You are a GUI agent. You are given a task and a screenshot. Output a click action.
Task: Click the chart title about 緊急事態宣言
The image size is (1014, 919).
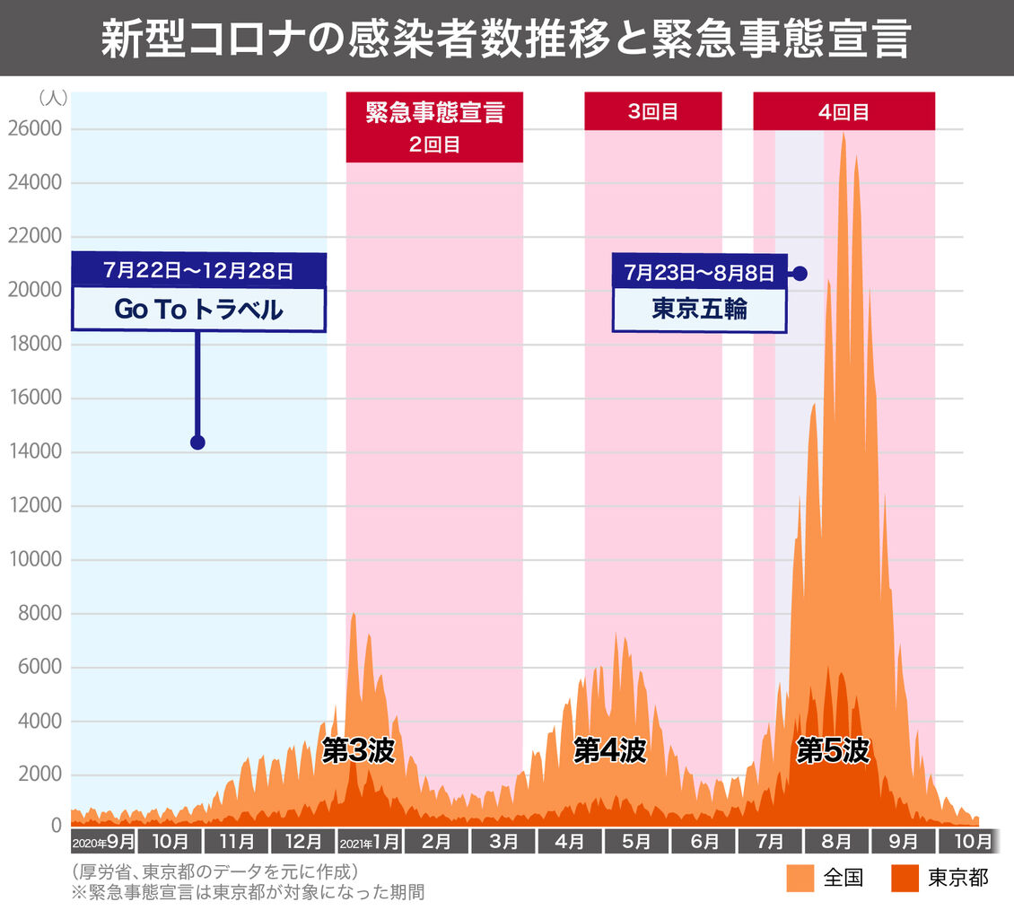tap(506, 39)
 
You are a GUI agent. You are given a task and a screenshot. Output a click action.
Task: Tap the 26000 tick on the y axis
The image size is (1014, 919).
tap(35, 128)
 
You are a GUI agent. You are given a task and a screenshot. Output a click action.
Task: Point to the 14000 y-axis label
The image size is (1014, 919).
tap(36, 451)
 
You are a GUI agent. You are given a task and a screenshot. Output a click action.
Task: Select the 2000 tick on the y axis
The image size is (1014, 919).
tap(39, 774)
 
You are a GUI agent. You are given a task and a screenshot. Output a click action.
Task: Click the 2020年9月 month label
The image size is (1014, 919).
tap(103, 842)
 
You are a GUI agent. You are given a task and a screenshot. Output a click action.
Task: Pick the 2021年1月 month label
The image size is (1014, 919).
tap(370, 842)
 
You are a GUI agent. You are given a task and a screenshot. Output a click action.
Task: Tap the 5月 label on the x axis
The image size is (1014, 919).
tap(636, 842)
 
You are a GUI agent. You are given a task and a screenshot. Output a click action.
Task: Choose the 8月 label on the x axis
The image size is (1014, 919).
tap(836, 842)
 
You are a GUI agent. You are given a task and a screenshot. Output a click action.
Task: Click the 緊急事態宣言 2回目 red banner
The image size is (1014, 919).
tap(434, 127)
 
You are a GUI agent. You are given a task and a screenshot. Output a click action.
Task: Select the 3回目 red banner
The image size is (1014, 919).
tap(653, 111)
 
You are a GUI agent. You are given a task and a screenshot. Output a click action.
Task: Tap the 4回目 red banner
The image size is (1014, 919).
tap(844, 111)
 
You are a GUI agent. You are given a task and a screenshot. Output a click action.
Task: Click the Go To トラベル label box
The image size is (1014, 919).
tap(198, 310)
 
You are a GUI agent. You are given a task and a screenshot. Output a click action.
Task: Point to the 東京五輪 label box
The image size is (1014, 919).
tap(700, 310)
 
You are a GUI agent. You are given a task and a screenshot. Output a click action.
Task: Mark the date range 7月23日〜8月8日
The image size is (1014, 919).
tap(699, 272)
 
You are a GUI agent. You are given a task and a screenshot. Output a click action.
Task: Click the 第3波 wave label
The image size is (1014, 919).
tap(358, 751)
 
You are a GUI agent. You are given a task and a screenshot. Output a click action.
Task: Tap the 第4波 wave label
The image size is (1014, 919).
tap(610, 751)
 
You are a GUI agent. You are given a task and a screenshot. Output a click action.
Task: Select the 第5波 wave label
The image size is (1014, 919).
tap(833, 751)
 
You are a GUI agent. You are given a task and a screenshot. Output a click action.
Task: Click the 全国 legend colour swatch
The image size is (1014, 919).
tap(800, 879)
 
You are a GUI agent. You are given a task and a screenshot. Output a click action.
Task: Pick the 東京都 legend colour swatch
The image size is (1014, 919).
tap(905, 879)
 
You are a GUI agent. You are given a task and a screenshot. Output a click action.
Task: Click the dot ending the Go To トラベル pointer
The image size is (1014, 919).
tap(198, 442)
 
